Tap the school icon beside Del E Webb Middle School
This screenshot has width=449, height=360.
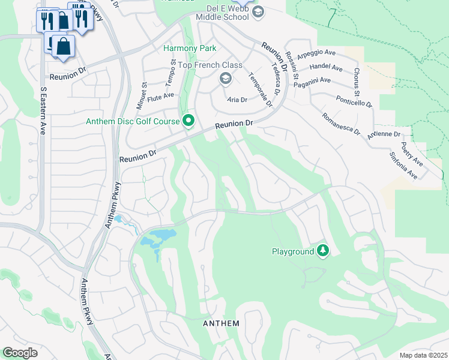pos(258,13)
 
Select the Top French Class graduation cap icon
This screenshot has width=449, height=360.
pos(226,78)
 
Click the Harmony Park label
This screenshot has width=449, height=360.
pos(190,48)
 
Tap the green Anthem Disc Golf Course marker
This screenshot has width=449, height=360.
pos(188,121)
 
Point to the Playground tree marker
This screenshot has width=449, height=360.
pos(324,251)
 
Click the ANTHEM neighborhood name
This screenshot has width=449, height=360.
pos(221,323)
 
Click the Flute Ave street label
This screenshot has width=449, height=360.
pos(160,95)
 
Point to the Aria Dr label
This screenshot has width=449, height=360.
pos(237,100)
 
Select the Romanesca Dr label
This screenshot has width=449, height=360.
pos(340,124)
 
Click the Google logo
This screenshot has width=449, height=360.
pos(20,353)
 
